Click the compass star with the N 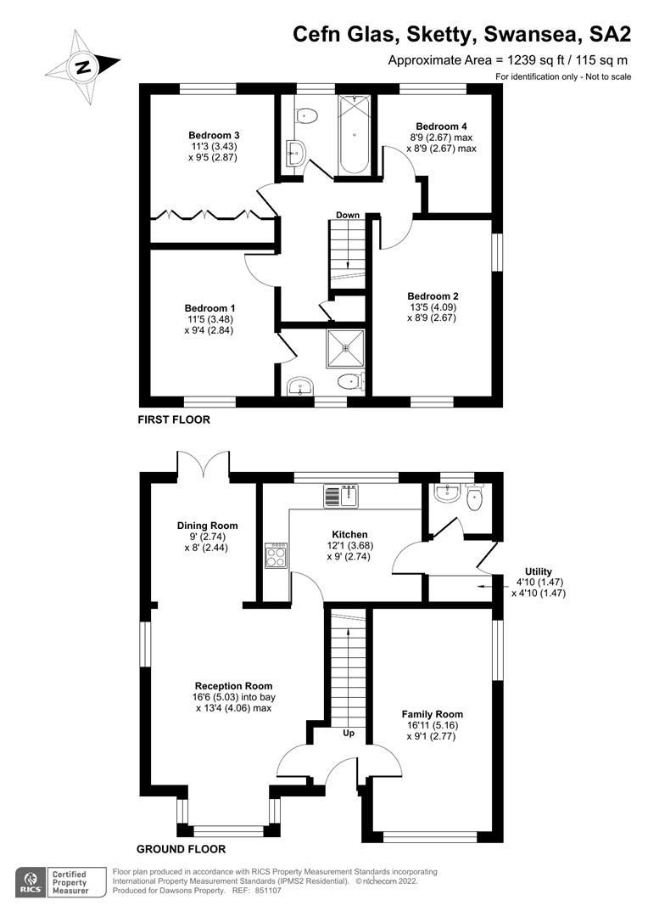(83, 67)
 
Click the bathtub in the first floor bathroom (355, 136)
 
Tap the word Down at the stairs (347, 215)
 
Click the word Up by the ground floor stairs (348, 732)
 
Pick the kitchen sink (342, 495)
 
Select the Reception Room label (233, 686)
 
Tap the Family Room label (432, 714)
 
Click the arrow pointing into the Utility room (488, 586)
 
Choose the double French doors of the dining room (204, 465)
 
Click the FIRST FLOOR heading (176, 419)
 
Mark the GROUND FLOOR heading (181, 848)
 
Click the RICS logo (31, 883)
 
